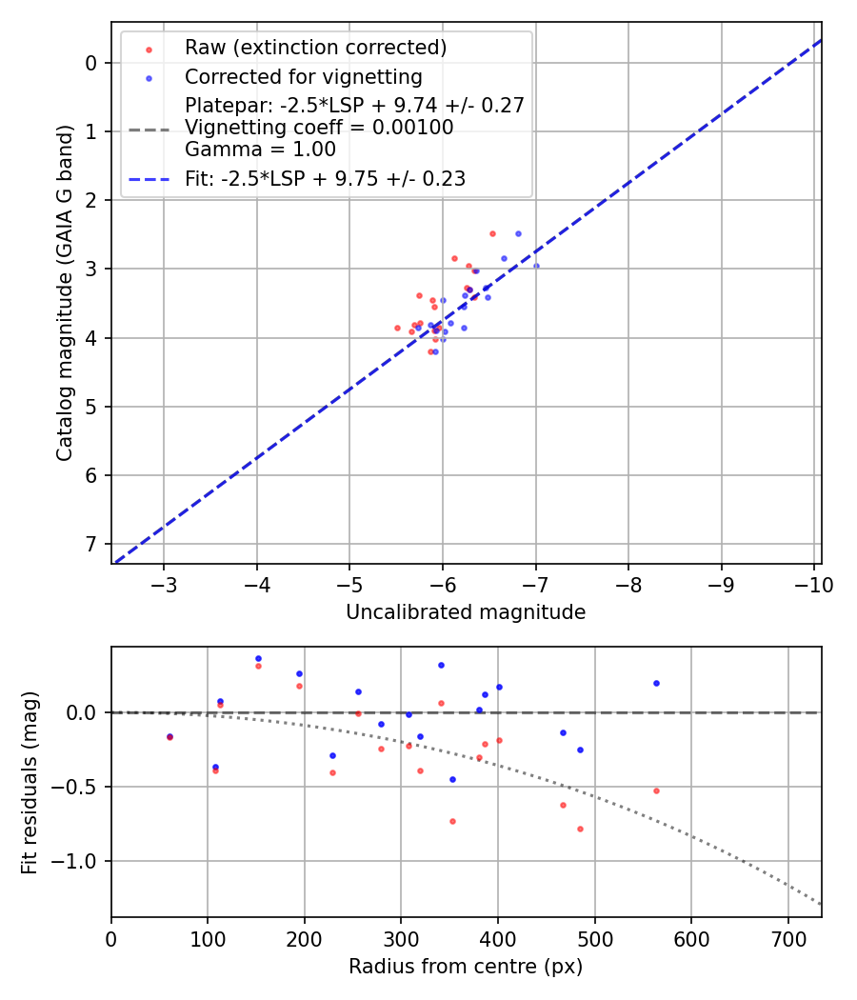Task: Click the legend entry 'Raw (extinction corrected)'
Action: (x=315, y=48)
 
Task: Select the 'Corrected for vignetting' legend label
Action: (x=303, y=76)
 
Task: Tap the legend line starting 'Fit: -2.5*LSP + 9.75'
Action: (x=325, y=178)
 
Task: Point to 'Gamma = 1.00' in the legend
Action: (x=260, y=150)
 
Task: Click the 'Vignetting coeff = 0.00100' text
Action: (x=319, y=128)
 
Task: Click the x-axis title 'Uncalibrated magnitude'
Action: (x=466, y=612)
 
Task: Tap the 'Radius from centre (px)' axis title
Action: (x=466, y=967)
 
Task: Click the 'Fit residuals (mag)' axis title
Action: (x=30, y=783)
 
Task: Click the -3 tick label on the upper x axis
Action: (x=164, y=584)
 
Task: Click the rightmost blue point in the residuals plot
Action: (x=656, y=683)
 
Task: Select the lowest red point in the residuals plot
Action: (x=580, y=829)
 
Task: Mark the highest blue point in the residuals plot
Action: (x=258, y=658)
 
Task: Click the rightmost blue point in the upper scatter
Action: (x=536, y=266)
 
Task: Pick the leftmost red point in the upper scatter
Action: (x=397, y=328)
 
